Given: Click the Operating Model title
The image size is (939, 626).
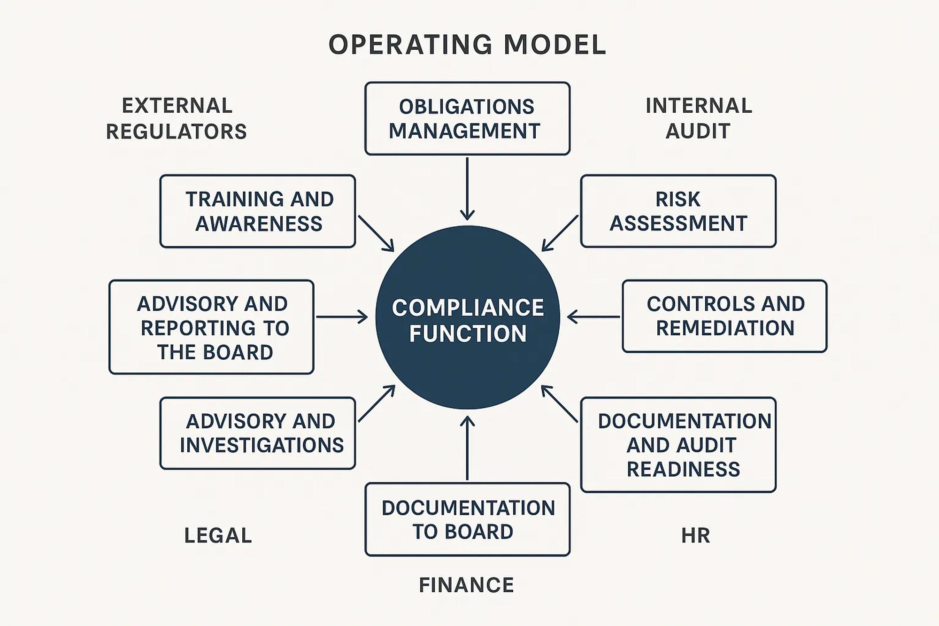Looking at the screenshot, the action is tap(467, 45).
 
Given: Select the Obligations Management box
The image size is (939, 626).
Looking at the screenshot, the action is tap(467, 119).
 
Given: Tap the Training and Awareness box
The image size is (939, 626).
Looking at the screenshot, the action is tap(257, 211).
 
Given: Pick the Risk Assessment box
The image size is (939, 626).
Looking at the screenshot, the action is tap(678, 211).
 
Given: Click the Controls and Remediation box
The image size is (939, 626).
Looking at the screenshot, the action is tap(724, 316).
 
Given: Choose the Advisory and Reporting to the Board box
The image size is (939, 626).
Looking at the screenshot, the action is tap(211, 327).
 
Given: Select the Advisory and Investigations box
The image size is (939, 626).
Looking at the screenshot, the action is tap(257, 433).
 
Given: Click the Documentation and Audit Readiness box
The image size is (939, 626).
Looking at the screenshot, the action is tap(678, 445).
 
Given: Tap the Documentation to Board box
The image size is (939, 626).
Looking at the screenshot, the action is tap(467, 519).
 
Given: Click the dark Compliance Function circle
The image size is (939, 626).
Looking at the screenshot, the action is tap(468, 317).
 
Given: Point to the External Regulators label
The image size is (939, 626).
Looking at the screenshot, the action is tap(177, 119).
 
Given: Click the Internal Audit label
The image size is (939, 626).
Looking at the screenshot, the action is tap(698, 119).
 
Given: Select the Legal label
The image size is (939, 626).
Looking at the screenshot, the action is tap(218, 535).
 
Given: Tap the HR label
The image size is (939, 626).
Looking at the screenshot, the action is tap(695, 535).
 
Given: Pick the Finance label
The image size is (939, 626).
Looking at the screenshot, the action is tap(466, 585).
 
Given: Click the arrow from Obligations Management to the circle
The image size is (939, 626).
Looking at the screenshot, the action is tap(467, 188).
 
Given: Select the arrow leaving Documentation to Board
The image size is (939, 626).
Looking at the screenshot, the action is tap(467, 448).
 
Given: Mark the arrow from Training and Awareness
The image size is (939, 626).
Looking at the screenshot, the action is tap(376, 233).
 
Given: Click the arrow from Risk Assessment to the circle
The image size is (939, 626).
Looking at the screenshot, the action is tap(560, 233).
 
